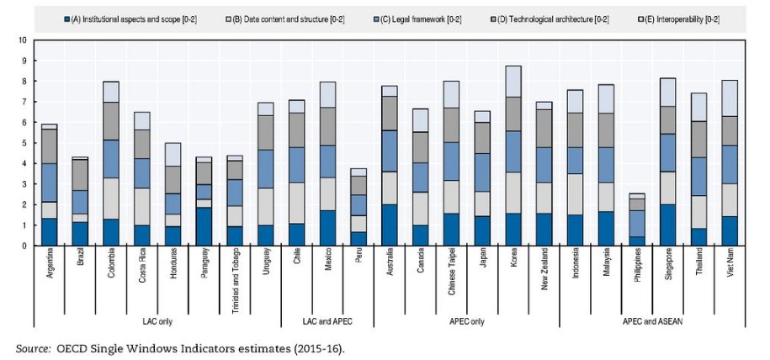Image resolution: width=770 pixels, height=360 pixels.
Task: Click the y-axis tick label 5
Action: (x=24, y=143)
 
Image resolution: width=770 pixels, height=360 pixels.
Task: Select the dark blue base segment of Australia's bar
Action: (x=390, y=225)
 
